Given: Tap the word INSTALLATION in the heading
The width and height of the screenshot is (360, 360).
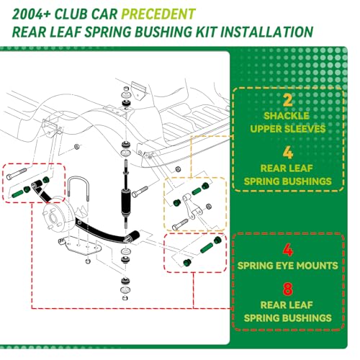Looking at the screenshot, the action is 266,32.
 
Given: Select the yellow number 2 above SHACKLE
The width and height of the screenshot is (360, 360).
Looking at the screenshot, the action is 288,100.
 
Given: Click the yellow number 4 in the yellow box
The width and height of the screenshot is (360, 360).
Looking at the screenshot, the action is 288,153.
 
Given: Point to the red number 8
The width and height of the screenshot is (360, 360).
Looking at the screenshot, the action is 288,289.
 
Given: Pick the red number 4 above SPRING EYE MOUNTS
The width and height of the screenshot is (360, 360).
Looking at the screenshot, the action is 288,250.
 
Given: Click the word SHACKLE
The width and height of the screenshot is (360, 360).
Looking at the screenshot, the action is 287,116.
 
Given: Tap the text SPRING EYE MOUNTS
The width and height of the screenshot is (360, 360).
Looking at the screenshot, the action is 288,266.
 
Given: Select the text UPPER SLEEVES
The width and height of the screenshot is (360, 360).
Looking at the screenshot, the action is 288,129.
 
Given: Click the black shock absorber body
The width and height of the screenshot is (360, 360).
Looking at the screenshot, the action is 126,201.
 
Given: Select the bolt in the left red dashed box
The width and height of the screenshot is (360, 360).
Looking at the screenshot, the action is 17,174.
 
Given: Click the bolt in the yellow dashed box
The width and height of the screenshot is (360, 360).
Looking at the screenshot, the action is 181,225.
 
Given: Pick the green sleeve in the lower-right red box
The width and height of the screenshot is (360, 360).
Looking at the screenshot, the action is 207,248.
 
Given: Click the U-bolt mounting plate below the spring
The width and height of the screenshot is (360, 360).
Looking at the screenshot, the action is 79,246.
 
